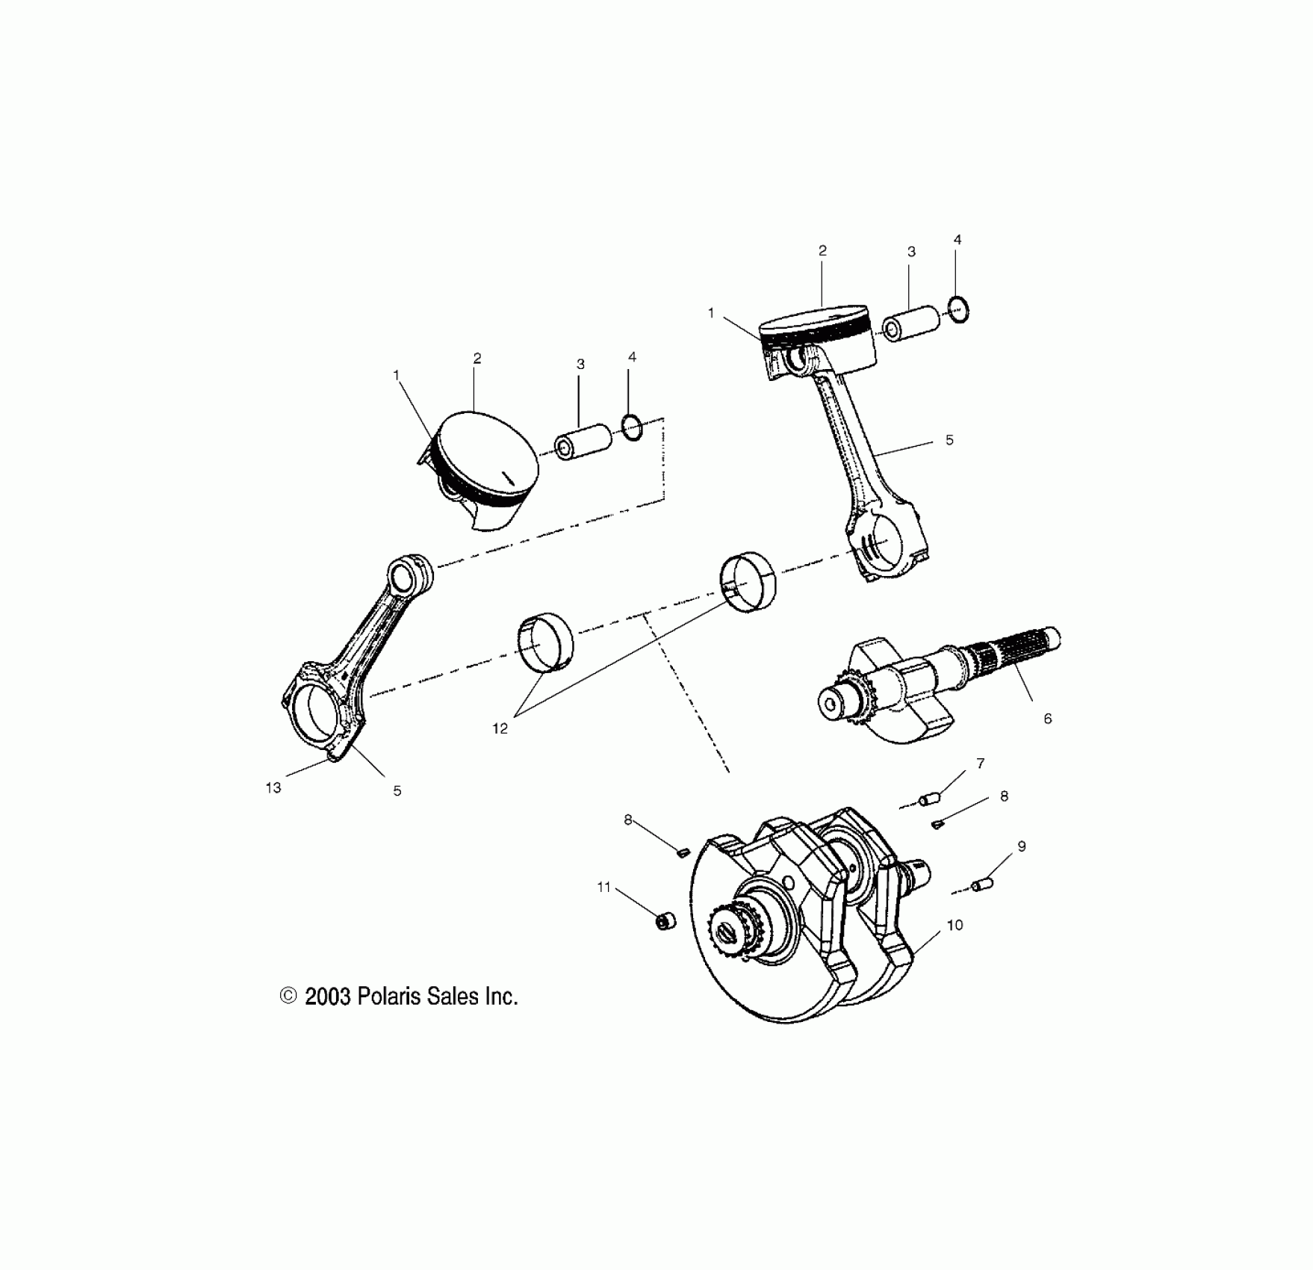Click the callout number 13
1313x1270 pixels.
pyautogui.click(x=273, y=787)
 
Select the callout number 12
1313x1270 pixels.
pyautogui.click(x=500, y=728)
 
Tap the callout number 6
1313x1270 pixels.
pyautogui.click(x=1047, y=719)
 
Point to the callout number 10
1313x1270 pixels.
pyautogui.click(x=955, y=925)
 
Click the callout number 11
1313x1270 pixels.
pyautogui.click(x=603, y=887)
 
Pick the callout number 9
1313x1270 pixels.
pyautogui.click(x=1022, y=846)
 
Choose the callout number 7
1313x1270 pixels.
pyautogui.click(x=981, y=763)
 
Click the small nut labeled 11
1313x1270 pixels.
pyautogui.click(x=664, y=922)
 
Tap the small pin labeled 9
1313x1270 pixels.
pyautogui.click(x=981, y=885)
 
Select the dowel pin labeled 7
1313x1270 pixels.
pyautogui.click(x=929, y=800)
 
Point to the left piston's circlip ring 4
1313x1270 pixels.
pyautogui.click(x=632, y=429)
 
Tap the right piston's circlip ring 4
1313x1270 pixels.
pyautogui.click(x=959, y=309)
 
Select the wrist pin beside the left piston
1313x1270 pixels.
pyautogui.click(x=583, y=442)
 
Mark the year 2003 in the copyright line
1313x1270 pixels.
pyautogui.click(x=327, y=997)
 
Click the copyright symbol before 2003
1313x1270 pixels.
pyautogui.click(x=288, y=997)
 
